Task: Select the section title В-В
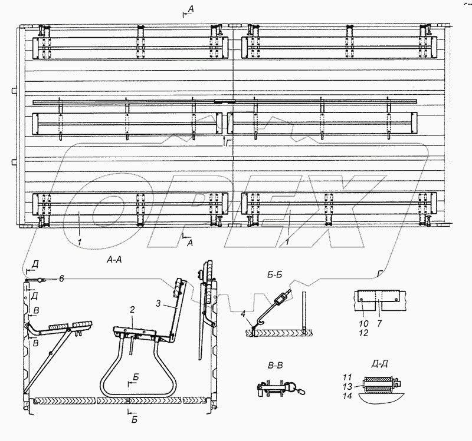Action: pos(274,366)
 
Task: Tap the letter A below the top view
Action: pos(188,243)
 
